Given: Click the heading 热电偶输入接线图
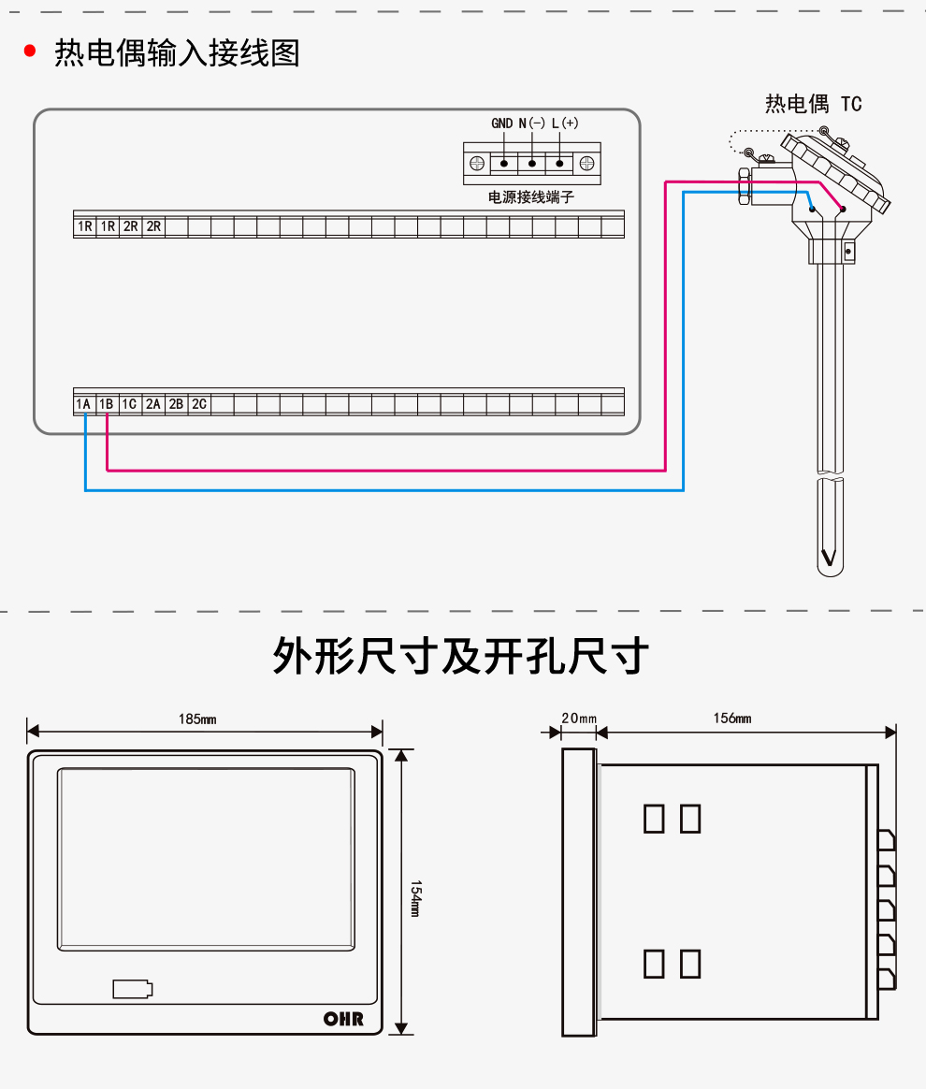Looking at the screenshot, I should click(177, 52).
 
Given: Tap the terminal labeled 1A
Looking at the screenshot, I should click(84, 404).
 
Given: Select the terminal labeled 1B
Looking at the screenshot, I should click(107, 404).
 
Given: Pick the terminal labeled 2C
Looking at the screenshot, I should click(199, 404).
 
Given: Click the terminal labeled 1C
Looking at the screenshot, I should click(130, 404).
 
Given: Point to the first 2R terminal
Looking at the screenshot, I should click(131, 226).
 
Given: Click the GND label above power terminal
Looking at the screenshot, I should click(502, 123).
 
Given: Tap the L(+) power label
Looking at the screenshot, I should click(564, 123).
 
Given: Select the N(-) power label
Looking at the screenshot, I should click(531, 123).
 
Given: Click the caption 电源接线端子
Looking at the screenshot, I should click(531, 197).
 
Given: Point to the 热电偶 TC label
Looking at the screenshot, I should click(813, 103).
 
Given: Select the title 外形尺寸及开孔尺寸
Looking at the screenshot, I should click(460, 656).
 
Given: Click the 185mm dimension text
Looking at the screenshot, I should click(197, 719).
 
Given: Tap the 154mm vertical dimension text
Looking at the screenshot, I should click(414, 897).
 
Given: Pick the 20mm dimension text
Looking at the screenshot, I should click(578, 719).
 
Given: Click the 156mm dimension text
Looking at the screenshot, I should click(732, 719).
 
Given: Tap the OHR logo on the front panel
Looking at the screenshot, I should click(343, 1019).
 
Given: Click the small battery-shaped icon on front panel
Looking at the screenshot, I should click(132, 989).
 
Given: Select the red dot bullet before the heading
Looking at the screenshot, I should click(30, 51).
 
